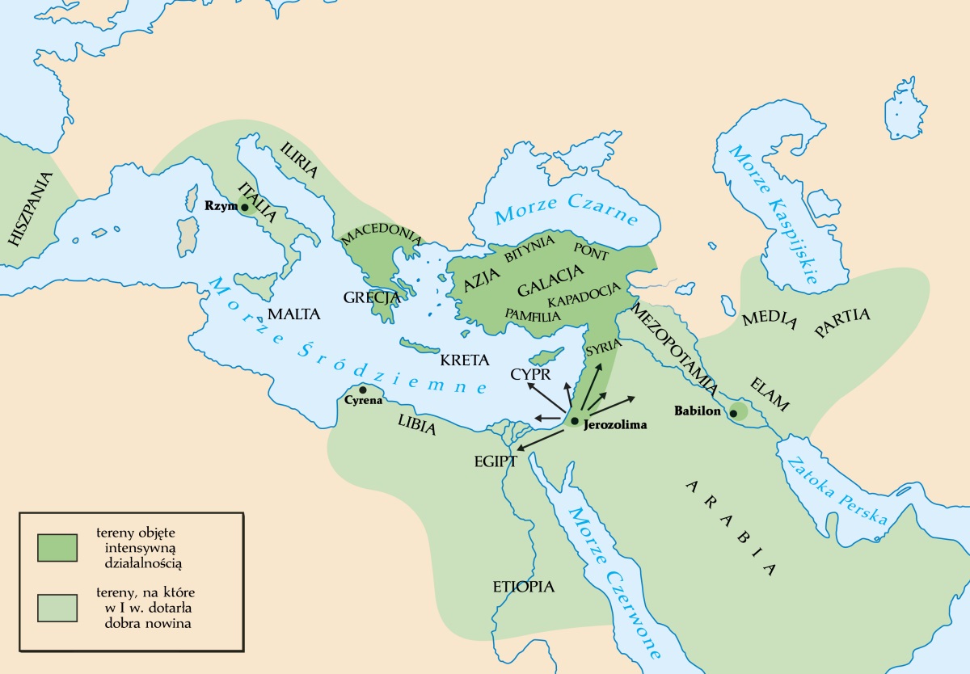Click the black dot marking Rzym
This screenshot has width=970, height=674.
tap(245, 207)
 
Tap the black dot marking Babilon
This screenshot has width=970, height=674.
tap(733, 414)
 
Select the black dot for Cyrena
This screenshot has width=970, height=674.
tap(362, 390)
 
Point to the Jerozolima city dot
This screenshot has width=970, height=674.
tap(574, 421)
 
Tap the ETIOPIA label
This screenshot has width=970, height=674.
tap(524, 587)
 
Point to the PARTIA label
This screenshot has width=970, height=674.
tap(842, 322)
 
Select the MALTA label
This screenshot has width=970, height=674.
tap(293, 314)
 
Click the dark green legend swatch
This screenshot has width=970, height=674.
tap(57, 547)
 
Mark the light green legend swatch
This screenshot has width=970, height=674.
tap(57, 608)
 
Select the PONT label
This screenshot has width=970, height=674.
tap(590, 250)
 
